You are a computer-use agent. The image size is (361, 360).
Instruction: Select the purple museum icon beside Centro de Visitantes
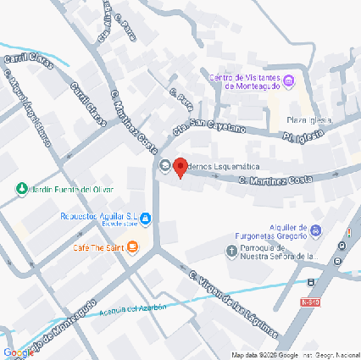tap(288, 81)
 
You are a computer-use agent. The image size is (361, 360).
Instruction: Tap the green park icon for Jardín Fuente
tap(21, 189)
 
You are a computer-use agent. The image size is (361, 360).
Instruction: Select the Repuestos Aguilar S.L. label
tap(99, 216)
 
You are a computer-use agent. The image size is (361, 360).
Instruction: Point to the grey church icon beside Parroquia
tap(232, 250)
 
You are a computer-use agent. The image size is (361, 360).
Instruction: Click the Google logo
tap(18, 352)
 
